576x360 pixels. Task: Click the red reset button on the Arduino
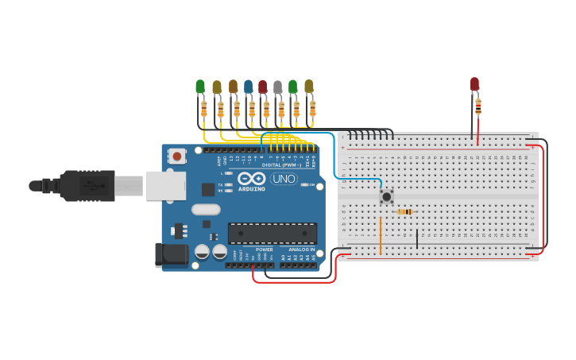(x=176, y=156)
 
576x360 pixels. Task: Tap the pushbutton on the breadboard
(x=387, y=196)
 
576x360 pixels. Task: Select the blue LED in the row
(x=248, y=86)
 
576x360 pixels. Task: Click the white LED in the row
(x=277, y=87)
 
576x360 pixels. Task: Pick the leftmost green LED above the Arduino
(x=200, y=86)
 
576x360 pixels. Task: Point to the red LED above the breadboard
(x=474, y=83)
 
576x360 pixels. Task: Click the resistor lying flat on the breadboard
(x=405, y=211)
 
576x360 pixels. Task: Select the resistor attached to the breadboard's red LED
(x=477, y=106)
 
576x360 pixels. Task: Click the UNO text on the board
(x=284, y=179)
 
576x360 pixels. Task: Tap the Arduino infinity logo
(x=250, y=179)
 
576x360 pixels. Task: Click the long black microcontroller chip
(x=272, y=233)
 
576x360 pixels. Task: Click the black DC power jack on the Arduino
(x=171, y=255)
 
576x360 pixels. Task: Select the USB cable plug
(x=87, y=186)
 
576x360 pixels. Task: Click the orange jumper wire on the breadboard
(x=380, y=234)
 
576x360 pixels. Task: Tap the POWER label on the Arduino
(x=264, y=250)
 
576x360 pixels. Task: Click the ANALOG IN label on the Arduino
(x=300, y=250)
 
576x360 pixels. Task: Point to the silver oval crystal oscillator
(x=205, y=210)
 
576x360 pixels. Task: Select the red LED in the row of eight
(x=262, y=86)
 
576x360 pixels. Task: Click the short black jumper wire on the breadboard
(x=417, y=238)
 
